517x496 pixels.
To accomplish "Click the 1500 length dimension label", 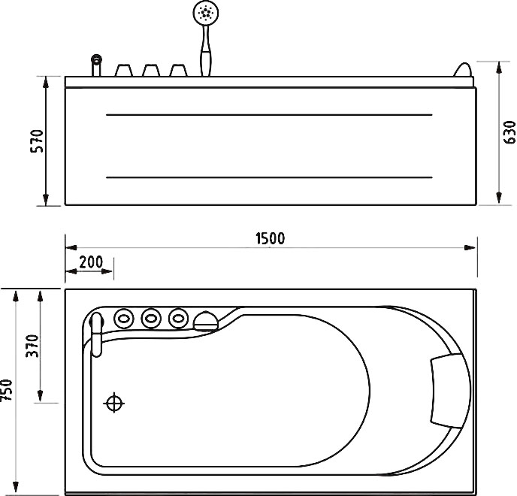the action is [270, 238].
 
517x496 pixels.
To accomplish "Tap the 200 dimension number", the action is [91, 262].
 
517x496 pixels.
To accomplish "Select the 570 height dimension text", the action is [37, 141].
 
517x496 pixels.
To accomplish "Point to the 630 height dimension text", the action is [509, 132].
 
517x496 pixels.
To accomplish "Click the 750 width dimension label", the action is [7, 390].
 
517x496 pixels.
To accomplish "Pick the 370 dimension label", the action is [32, 346].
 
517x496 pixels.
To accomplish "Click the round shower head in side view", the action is [206, 13].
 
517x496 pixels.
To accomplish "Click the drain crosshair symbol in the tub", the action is [114, 403].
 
